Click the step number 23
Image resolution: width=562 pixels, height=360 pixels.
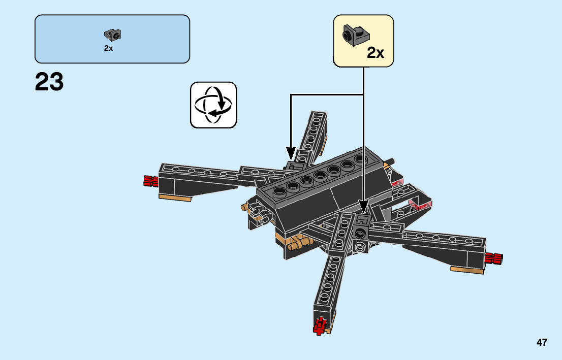click(x=49, y=82)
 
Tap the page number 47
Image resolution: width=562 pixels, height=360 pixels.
click(x=542, y=342)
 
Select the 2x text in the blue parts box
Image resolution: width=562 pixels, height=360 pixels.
click(x=108, y=48)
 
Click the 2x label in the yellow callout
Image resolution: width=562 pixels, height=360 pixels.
click(x=376, y=52)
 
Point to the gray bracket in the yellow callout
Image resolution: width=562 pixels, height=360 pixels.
click(x=355, y=34)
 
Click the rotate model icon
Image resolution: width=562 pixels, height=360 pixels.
click(x=213, y=105)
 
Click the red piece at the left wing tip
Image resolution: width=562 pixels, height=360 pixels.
click(x=149, y=180)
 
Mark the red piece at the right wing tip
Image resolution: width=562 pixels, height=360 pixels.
click(x=494, y=258)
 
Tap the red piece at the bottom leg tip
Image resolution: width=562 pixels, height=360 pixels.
click(x=320, y=325)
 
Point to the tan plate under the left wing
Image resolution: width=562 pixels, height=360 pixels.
click(x=175, y=197)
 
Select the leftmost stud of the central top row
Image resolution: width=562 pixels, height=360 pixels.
click(x=280, y=191)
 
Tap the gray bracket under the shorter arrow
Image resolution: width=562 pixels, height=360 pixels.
click(x=294, y=166)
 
